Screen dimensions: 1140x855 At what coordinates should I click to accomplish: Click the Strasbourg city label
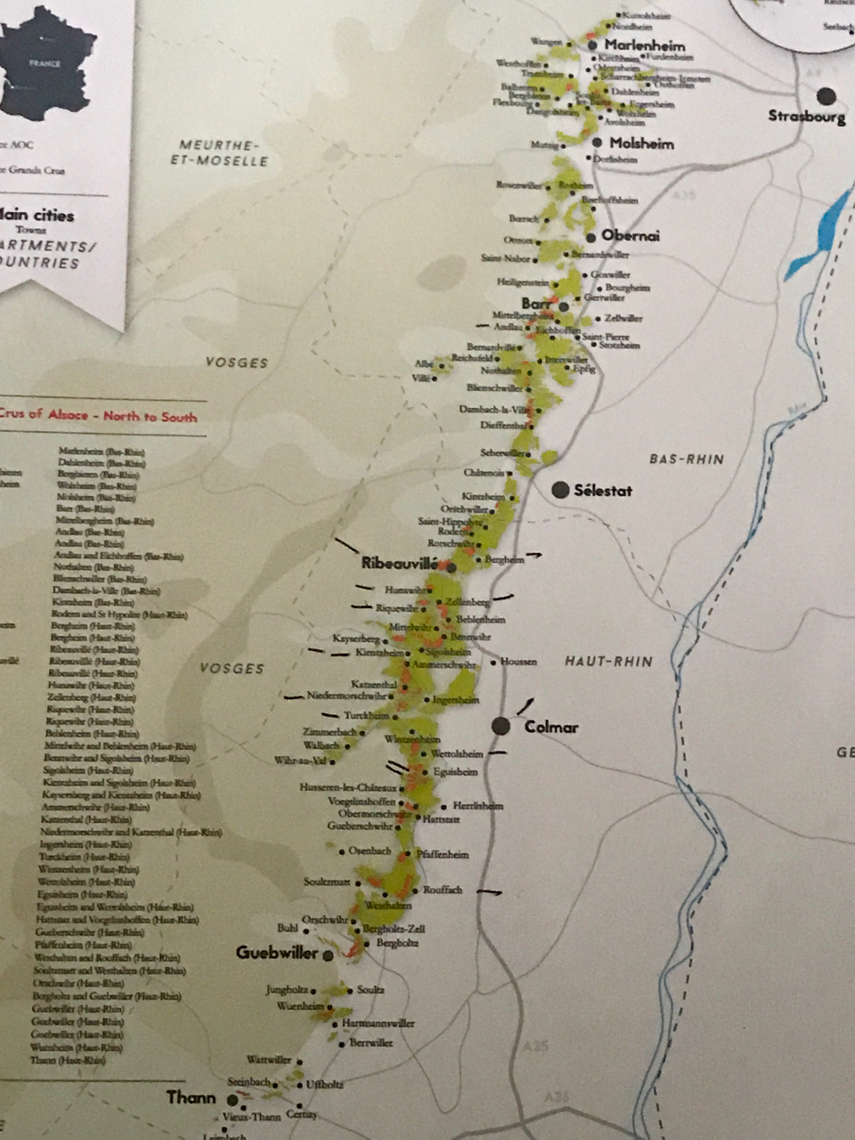click(806, 116)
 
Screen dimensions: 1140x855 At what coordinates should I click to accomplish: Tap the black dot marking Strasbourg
click(826, 95)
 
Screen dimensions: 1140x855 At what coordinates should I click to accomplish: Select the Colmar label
click(551, 728)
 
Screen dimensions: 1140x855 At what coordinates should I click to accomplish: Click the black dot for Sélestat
click(560, 490)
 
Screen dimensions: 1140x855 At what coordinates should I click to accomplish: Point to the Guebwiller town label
click(277, 953)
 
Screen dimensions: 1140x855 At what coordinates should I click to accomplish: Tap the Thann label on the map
click(191, 1097)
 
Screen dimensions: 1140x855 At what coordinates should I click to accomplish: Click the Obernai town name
click(631, 236)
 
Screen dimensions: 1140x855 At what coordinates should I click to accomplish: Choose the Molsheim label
click(641, 143)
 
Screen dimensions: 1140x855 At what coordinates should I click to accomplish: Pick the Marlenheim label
click(645, 45)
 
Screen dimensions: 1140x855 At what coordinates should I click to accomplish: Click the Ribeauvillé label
click(401, 564)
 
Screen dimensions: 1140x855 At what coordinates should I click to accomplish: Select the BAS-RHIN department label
click(686, 460)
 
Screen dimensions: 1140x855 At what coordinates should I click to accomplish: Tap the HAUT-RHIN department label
click(608, 662)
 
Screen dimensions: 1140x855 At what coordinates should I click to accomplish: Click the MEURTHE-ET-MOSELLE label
click(223, 152)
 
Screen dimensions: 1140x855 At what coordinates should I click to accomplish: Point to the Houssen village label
click(518, 662)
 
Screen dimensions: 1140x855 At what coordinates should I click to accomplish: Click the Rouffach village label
click(443, 890)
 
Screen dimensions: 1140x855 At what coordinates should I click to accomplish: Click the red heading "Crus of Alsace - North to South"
click(98, 416)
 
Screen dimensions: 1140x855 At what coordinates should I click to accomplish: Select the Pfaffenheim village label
click(443, 854)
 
